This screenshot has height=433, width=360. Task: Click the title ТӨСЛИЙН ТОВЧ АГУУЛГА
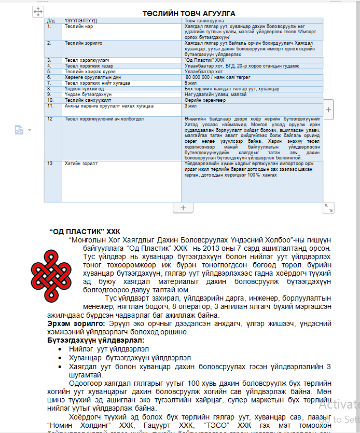click(x=189, y=12)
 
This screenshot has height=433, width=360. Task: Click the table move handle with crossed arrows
click(x=38, y=11)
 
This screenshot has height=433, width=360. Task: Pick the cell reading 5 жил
click(x=190, y=83)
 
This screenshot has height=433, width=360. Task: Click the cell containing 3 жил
click(x=190, y=106)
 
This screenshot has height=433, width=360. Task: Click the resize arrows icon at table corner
click(x=328, y=208)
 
